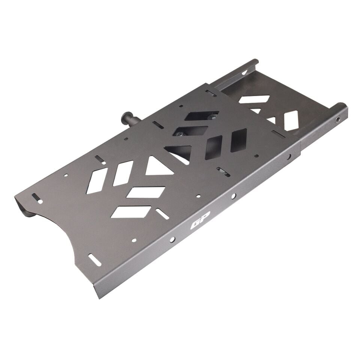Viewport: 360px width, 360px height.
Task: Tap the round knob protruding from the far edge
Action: click(x=129, y=117)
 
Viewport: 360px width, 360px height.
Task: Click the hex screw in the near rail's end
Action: click(x=338, y=119)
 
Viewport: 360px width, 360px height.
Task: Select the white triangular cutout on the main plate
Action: click(x=158, y=166)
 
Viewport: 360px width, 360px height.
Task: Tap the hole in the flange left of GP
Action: click(x=172, y=239)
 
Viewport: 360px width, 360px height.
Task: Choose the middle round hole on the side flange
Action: click(x=233, y=196)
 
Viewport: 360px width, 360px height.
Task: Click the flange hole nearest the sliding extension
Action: click(x=289, y=157)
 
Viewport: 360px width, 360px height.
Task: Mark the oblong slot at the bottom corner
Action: click(x=95, y=260)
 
